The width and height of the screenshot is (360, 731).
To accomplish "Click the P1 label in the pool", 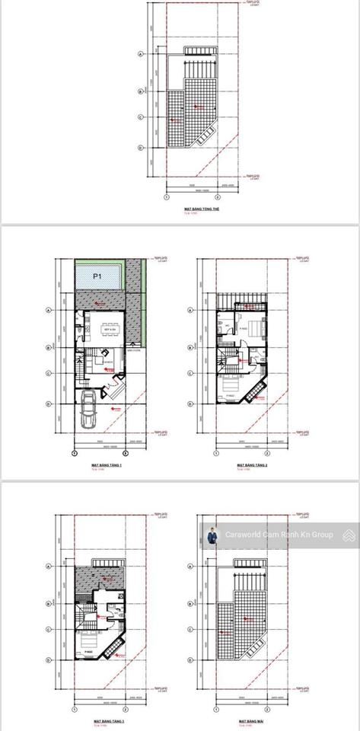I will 97,277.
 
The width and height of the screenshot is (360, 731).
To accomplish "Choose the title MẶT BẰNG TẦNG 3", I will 107,720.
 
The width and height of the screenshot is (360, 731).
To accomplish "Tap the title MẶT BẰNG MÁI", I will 250,720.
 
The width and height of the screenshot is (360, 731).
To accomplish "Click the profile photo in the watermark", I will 212,535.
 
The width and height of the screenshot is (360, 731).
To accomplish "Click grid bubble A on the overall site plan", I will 141,55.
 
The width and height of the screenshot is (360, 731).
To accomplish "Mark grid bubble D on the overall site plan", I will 141,148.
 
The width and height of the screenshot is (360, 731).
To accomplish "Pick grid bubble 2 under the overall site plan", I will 218,196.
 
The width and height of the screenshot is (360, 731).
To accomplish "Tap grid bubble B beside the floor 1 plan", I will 49,347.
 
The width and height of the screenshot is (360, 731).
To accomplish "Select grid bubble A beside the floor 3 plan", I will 49,566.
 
